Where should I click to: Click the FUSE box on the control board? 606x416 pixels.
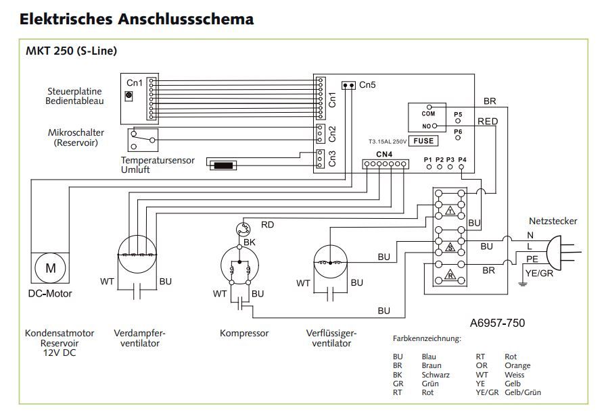click(423, 141)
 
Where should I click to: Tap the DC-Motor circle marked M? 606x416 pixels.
click(51, 268)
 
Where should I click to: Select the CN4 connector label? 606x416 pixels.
click(384, 155)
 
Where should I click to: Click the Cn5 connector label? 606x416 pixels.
click(367, 85)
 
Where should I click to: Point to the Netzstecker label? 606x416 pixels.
click(553, 221)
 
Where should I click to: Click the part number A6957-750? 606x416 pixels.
click(496, 323)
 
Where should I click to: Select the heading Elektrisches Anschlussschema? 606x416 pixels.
click(137, 19)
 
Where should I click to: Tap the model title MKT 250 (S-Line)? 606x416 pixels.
click(72, 51)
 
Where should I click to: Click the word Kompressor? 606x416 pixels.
click(244, 333)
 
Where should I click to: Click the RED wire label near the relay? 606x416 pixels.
click(488, 122)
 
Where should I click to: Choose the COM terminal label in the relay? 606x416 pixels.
click(427, 114)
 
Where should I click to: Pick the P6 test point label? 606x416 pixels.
click(458, 131)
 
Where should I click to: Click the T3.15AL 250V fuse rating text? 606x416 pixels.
click(386, 142)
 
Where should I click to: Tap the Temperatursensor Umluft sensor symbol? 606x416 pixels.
click(223, 165)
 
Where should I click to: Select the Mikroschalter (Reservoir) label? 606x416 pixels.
click(76, 138)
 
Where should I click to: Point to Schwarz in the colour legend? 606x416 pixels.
click(436, 374)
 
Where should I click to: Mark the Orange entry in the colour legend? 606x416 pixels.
click(517, 365)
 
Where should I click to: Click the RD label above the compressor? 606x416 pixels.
click(267, 224)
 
